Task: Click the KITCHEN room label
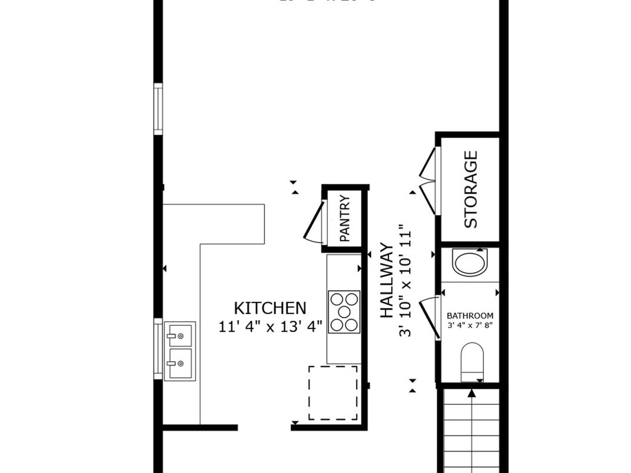click(270, 308)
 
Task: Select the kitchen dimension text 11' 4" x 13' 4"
click(270, 327)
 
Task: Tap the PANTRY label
click(345, 218)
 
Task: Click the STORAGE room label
click(471, 189)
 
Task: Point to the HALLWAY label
click(386, 281)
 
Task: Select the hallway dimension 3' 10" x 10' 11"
click(405, 281)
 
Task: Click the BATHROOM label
click(470, 315)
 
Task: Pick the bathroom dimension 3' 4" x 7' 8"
click(470, 325)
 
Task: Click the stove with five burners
click(344, 312)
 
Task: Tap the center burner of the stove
click(344, 312)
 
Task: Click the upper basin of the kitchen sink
click(179, 335)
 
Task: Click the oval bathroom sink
click(470, 262)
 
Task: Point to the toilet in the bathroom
click(471, 361)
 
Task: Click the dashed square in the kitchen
click(333, 392)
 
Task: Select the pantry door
click(314, 222)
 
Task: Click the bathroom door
click(430, 318)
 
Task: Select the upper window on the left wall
click(158, 109)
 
